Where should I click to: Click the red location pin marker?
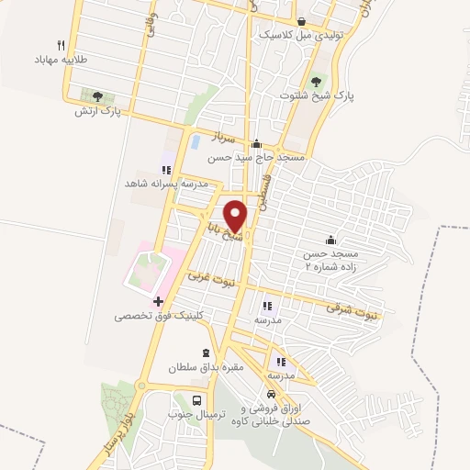click(x=236, y=214)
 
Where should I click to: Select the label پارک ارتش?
click(x=98, y=111)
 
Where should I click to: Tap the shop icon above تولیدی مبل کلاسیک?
click(x=302, y=20)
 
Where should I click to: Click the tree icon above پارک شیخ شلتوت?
click(x=319, y=80)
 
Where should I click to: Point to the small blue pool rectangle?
click(x=195, y=142)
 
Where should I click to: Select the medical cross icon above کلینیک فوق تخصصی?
click(x=158, y=300)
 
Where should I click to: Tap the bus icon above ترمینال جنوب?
click(x=196, y=400)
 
